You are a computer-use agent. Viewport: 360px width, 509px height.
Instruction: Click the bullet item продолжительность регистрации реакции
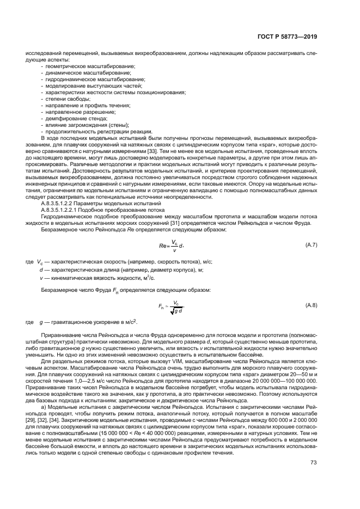click(95, 131)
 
